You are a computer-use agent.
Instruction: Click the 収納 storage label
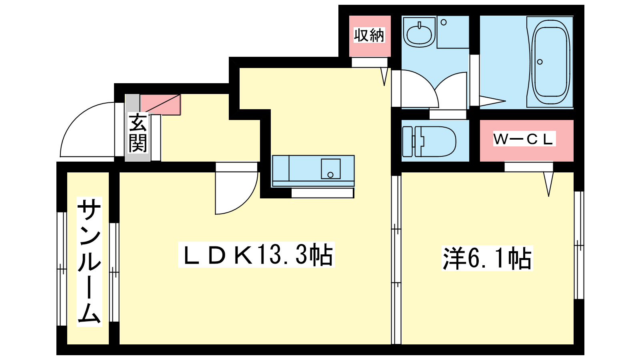point(369,35)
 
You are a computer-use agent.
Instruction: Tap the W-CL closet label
point(524,139)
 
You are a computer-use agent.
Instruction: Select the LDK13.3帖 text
point(256,254)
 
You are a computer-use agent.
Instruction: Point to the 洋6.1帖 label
point(487,258)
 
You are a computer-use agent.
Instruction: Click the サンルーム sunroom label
point(89,261)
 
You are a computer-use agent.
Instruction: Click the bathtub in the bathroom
point(550,62)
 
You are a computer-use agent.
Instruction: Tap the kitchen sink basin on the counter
point(330,169)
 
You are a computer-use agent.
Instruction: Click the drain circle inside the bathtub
point(540,62)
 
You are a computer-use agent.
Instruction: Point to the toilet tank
point(408,141)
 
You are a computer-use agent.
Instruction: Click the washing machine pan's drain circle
point(444,22)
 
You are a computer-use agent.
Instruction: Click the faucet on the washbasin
point(420,25)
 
